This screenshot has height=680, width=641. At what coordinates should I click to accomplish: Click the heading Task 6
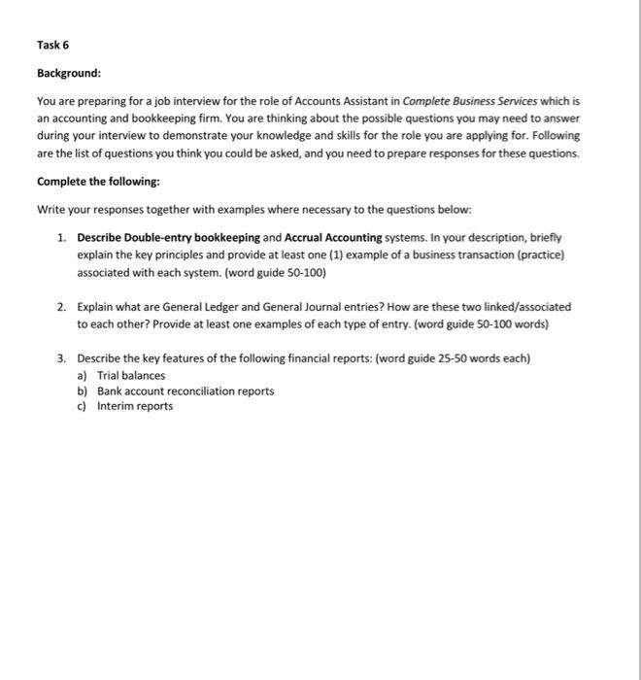(53, 45)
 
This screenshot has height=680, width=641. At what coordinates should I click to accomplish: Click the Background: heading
(69, 73)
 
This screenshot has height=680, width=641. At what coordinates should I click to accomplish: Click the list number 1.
(60, 237)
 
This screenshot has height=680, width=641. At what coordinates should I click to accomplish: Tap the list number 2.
(60, 306)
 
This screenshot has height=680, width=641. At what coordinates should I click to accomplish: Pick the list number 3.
(60, 358)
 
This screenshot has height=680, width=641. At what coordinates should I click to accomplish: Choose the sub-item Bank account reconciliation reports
(185, 391)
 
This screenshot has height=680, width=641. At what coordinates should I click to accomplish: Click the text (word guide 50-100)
(274, 273)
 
